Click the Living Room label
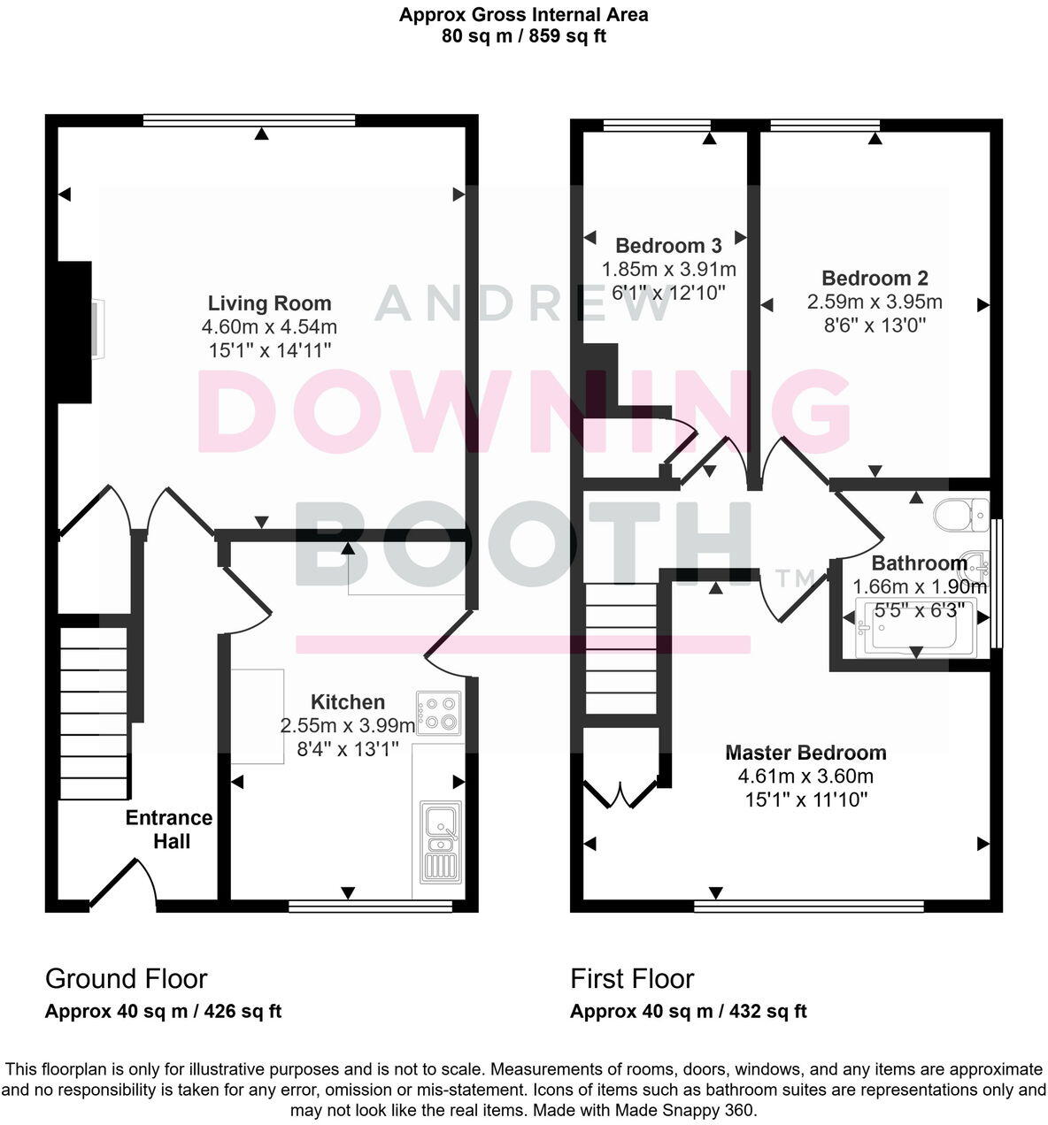[x=269, y=303]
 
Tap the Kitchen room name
[x=347, y=702]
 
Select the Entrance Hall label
[x=169, y=829]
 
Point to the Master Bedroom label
[x=805, y=753]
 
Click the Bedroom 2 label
[x=875, y=278]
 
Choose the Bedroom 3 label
[x=668, y=245]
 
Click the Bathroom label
[x=919, y=563]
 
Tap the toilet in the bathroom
[x=962, y=513]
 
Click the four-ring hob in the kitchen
[x=439, y=713]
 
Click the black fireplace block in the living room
[x=74, y=332]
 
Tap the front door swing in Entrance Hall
[x=123, y=880]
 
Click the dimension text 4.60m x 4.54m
[x=269, y=327]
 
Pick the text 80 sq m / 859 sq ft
[x=523, y=36]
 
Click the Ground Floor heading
[x=126, y=978]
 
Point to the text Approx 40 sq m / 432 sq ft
[x=688, y=1011]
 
